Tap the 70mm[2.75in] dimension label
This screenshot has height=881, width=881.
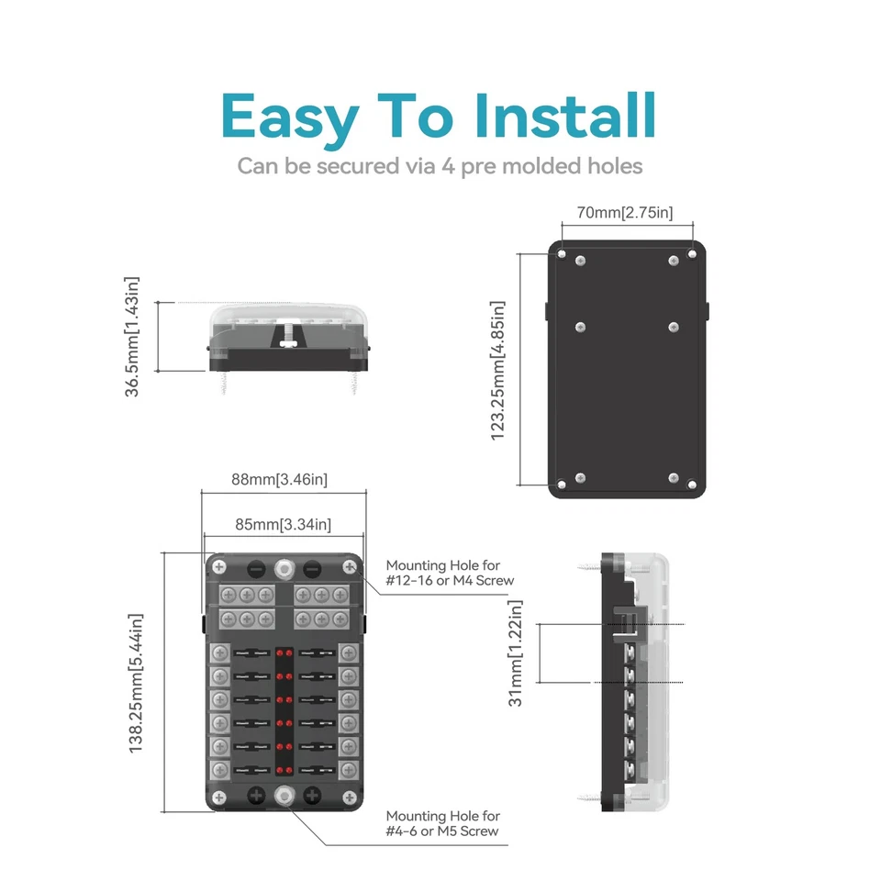[x=625, y=213]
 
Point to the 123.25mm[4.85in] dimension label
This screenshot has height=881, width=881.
[x=497, y=370]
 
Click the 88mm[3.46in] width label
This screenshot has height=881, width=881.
[x=279, y=479]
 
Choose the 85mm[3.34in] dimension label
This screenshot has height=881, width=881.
[x=283, y=525]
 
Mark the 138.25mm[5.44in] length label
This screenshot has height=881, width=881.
[x=136, y=684]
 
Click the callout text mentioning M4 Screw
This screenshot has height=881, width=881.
[x=450, y=574]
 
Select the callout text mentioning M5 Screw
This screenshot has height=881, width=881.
[x=443, y=823]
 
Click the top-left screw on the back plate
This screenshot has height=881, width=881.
[x=580, y=262]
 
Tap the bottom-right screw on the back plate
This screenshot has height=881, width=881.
[x=675, y=478]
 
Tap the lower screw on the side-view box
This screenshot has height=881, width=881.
[x=587, y=797]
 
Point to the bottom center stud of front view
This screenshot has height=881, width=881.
[x=284, y=795]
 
